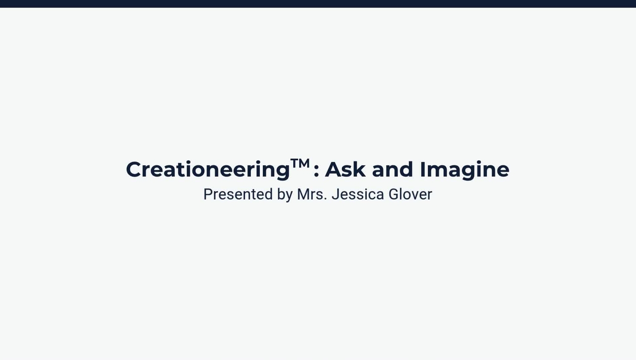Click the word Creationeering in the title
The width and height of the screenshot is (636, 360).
click(x=208, y=170)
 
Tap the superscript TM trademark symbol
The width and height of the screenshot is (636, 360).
click(x=300, y=163)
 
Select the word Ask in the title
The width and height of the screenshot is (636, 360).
click(x=345, y=169)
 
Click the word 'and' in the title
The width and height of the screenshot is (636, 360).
click(x=393, y=169)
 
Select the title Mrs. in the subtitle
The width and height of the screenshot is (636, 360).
click(x=312, y=194)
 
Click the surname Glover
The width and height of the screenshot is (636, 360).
click(x=410, y=194)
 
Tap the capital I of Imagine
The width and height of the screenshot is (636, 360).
click(x=423, y=169)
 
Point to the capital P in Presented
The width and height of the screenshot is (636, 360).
click(x=208, y=194)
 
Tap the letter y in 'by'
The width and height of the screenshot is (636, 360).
click(x=289, y=196)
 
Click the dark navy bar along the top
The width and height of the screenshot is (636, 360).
click(x=318, y=3)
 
